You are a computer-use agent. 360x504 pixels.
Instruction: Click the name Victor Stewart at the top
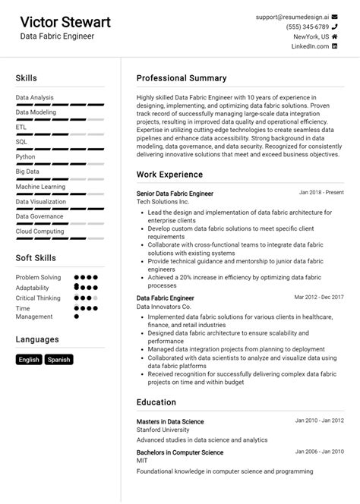[65, 21]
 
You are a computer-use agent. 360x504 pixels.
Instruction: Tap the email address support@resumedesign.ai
[292, 16]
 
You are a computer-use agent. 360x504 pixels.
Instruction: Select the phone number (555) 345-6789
[308, 27]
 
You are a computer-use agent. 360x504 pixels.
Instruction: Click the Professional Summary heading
[182, 78]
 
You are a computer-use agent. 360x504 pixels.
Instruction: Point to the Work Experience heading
[169, 175]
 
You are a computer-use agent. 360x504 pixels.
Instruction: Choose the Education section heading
[156, 402]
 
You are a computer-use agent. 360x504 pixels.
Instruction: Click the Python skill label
[25, 157]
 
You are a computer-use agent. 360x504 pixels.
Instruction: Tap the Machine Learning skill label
[40, 186]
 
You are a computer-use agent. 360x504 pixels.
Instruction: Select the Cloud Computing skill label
[39, 231]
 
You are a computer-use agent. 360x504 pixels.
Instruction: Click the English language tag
[29, 360]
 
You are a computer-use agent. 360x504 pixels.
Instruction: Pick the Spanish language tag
[58, 360]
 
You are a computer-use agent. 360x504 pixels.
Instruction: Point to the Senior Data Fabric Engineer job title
[175, 194]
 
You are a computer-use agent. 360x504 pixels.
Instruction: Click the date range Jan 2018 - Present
[321, 193]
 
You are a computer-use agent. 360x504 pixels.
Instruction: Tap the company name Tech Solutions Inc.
[163, 203]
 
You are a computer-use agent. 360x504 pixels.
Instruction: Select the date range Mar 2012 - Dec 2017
[318, 297]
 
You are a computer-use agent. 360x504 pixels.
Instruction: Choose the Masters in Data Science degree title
[170, 421]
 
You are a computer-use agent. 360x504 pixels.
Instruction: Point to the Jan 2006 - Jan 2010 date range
[319, 452]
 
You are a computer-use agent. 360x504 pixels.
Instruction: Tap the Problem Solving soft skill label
[38, 278]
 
